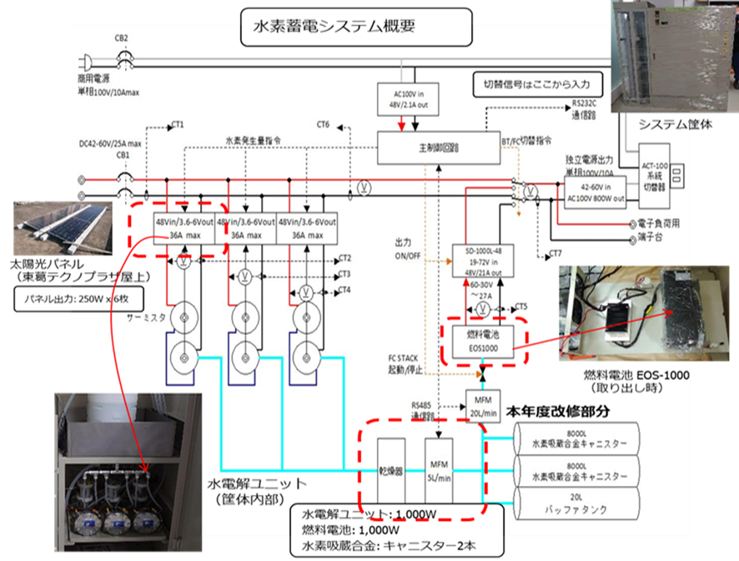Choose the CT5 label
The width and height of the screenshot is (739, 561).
tap(522, 306)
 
